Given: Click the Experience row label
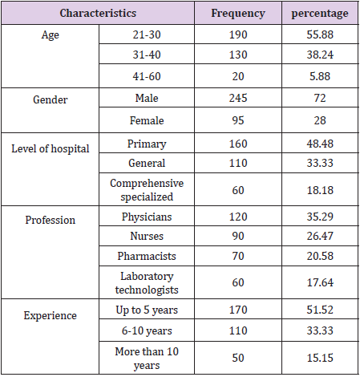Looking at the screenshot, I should (x=51, y=315).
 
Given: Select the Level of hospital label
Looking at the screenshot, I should (x=51, y=149).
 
